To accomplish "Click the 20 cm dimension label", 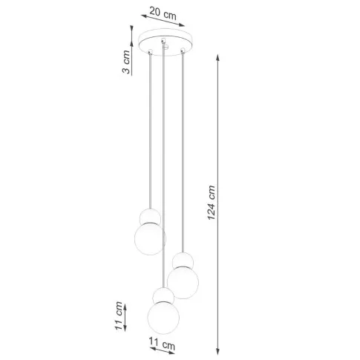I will pos(163,13).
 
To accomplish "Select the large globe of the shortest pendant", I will pos(149,238).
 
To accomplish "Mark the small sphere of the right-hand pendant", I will pos(182,261).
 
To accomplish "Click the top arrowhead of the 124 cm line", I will pos(219,56).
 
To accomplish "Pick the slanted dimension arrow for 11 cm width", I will pos(163,338).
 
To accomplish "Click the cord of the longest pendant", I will pos(163,171).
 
